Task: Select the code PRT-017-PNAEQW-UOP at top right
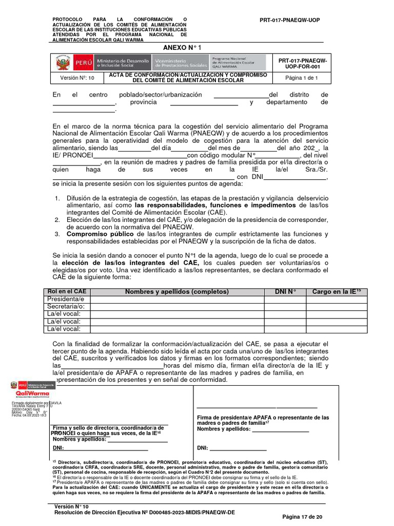tap(289, 20)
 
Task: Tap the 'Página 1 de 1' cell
tap(302, 78)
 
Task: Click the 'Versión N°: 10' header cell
tap(77, 78)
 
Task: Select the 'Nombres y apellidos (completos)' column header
tap(177, 292)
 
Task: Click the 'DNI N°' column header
tap(285, 292)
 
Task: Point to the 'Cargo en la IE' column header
tap(337, 292)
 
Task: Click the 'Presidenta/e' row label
tap(66, 299)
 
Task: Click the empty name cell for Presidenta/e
tap(177, 299)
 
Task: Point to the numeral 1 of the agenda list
tap(57, 198)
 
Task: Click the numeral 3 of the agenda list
tap(57, 234)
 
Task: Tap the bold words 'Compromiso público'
tap(97, 234)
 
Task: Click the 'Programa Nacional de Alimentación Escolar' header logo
tap(237, 63)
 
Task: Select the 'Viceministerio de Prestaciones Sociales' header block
tap(180, 63)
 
